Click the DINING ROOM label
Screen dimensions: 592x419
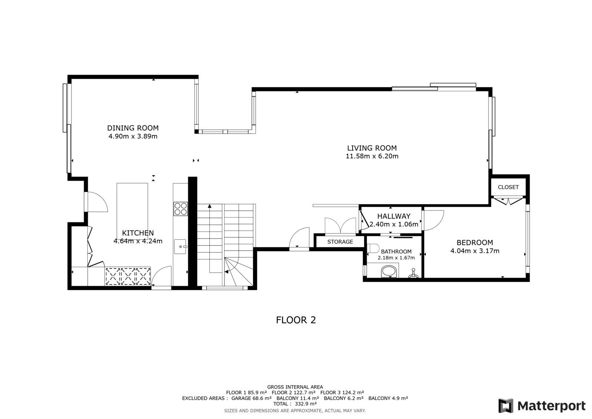(133, 128)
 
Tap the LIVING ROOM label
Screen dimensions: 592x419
(372, 148)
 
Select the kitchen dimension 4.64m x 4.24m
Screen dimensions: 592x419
(138, 241)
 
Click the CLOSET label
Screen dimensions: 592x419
(508, 187)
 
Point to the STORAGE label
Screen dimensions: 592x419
(340, 242)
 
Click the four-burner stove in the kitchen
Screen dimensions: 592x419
(181, 209)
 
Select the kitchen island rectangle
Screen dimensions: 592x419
(132, 211)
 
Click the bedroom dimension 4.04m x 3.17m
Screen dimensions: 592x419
(475, 251)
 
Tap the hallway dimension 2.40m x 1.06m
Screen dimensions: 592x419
(394, 225)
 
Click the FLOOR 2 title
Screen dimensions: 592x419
(296, 320)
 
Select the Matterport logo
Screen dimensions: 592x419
(542, 406)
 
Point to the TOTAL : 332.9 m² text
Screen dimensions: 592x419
(295, 404)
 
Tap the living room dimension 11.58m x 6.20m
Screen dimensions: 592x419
(372, 156)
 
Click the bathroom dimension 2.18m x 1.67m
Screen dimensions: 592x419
(396, 258)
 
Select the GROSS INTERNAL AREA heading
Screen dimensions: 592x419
(295, 387)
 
